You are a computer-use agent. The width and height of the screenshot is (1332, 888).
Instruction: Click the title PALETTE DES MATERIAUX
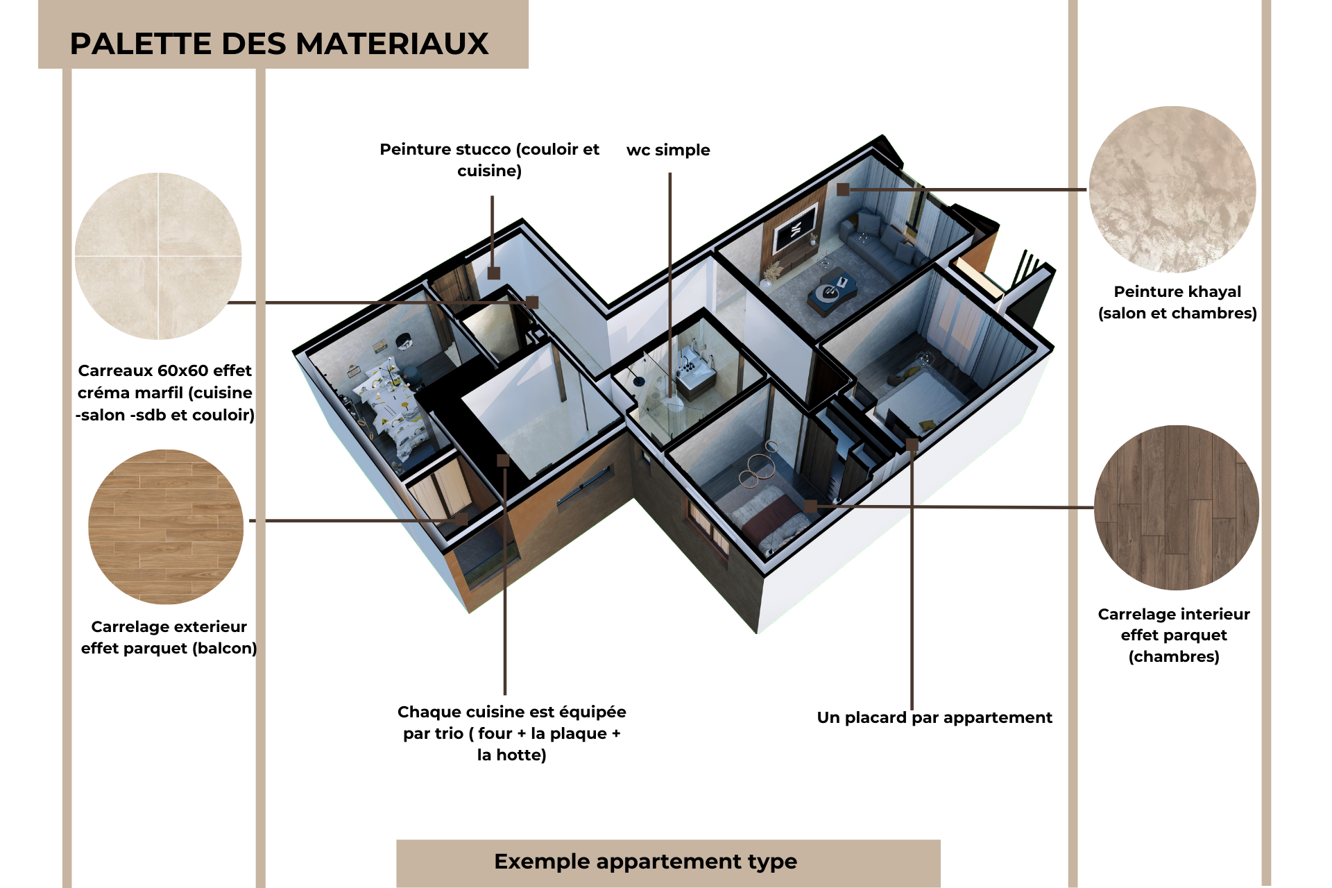(279, 44)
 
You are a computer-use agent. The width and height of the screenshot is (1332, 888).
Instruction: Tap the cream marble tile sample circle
(158, 256)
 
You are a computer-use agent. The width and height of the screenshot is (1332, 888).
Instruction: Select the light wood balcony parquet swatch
(166, 527)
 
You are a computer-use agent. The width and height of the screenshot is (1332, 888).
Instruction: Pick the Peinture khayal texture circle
(1172, 189)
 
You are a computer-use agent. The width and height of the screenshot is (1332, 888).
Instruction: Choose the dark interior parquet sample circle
(1177, 507)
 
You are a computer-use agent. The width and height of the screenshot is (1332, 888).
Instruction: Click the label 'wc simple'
(668, 150)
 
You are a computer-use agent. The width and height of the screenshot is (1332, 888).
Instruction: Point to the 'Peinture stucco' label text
(490, 160)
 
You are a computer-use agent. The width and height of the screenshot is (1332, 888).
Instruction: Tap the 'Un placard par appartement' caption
(934, 717)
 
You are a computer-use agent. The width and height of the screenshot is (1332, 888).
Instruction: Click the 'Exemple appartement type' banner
(645, 862)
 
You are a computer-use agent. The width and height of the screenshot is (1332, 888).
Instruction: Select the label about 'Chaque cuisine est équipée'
(512, 733)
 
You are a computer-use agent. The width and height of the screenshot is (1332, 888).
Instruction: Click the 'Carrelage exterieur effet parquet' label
(169, 638)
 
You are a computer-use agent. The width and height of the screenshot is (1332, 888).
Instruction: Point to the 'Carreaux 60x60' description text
(165, 393)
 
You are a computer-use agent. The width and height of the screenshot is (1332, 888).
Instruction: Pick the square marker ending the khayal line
(843, 189)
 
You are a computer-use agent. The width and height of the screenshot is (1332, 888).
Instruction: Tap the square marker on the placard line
(912, 445)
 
